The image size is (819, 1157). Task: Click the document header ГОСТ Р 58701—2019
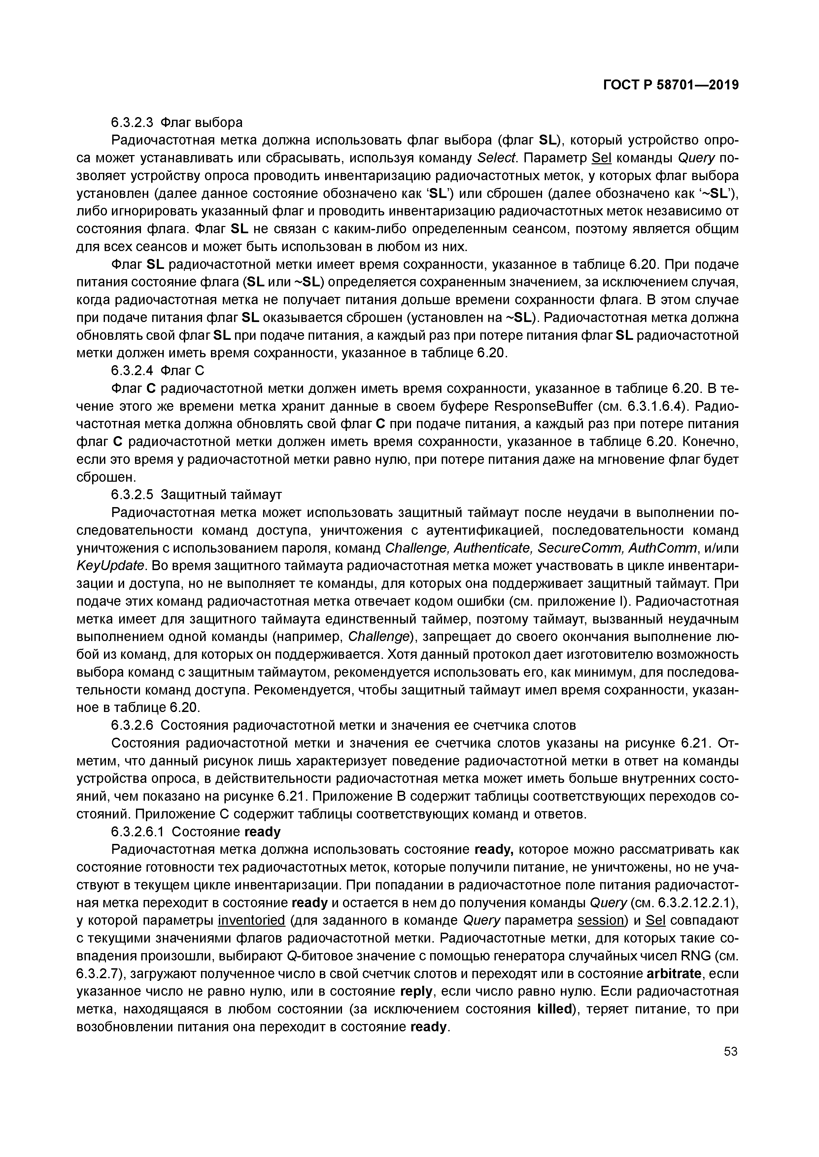[x=671, y=85]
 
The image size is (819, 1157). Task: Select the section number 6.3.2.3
[x=132, y=122]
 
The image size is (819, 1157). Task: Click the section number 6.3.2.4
[x=132, y=371]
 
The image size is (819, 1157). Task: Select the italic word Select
[x=497, y=158]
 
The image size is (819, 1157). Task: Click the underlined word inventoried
[x=252, y=921]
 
